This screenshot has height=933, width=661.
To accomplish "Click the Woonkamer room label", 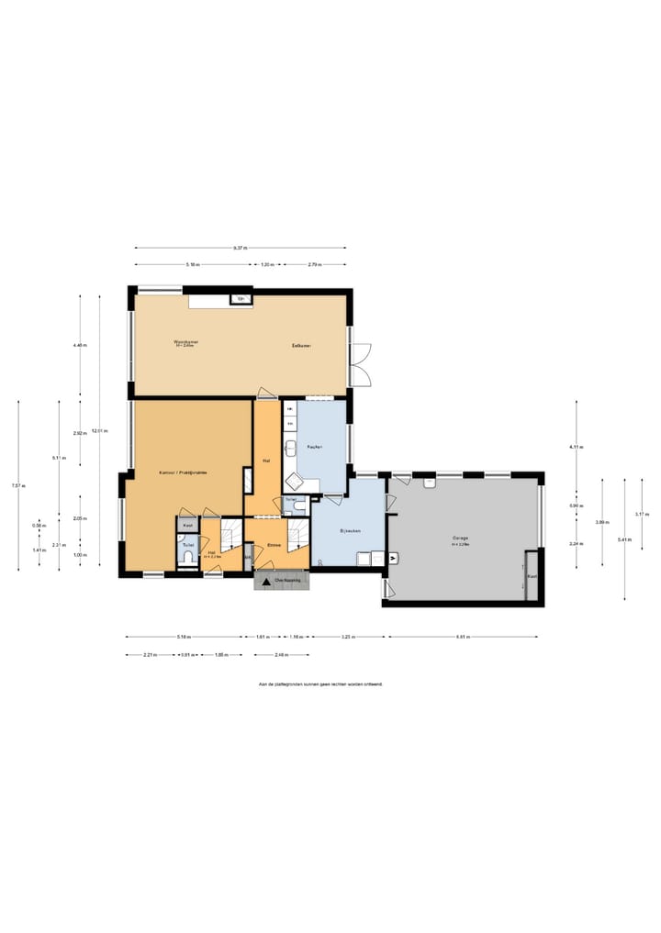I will [186, 343].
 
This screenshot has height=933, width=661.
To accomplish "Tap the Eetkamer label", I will [302, 345].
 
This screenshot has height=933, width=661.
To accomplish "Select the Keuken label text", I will [315, 446].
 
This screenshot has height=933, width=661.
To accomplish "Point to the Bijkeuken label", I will [349, 531].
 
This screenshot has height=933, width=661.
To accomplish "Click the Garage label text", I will [460, 539].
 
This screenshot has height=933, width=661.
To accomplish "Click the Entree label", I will [273, 546].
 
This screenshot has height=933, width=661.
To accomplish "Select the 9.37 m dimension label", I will [240, 248].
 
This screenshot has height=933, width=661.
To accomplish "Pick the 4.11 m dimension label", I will [576, 447].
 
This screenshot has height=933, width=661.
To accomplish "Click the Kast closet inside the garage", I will [531, 575].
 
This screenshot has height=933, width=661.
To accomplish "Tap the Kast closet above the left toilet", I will [187, 525].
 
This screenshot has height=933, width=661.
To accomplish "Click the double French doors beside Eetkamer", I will [361, 364].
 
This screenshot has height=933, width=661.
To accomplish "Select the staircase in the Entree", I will [297, 535].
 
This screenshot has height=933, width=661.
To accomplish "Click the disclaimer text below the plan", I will [320, 684].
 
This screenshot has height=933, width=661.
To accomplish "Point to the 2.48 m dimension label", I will [282, 655].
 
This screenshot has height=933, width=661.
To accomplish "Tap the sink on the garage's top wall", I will [429, 483].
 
